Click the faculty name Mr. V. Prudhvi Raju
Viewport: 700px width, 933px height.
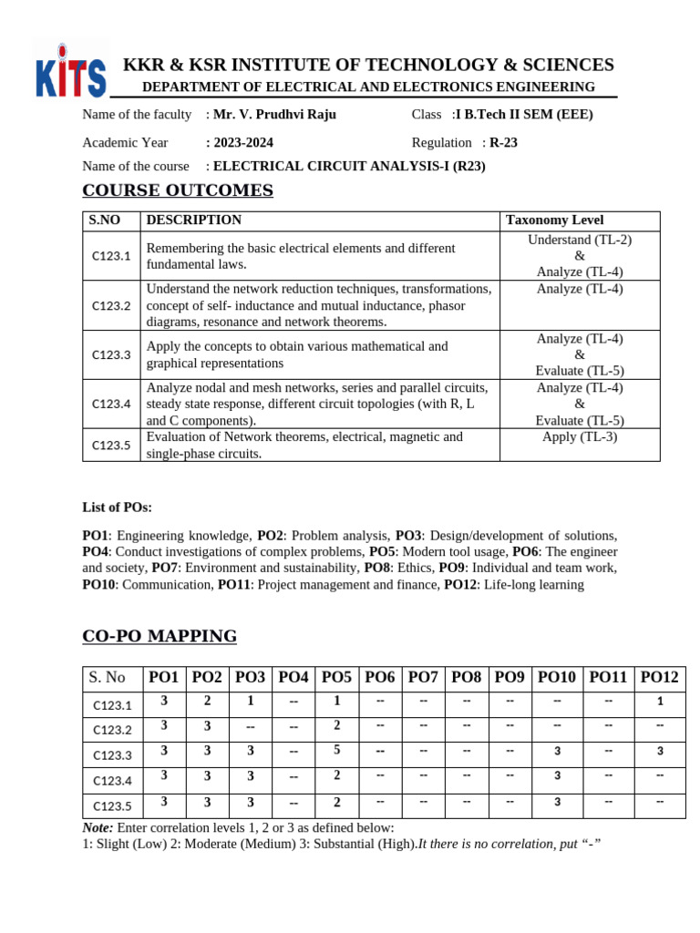tap(274, 115)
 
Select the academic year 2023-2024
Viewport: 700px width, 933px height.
tap(242, 143)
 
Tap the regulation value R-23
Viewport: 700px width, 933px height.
tap(503, 143)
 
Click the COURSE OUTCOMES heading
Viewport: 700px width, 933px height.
tap(178, 190)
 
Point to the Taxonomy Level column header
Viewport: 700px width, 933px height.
tap(554, 220)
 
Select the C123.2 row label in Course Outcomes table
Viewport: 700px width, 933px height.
tap(111, 306)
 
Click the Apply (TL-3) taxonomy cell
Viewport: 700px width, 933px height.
tap(580, 436)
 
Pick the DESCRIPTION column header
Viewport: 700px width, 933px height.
tap(194, 220)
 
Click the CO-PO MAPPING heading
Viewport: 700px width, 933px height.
tap(160, 636)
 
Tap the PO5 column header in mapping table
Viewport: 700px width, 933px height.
tap(336, 678)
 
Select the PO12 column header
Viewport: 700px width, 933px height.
tap(660, 678)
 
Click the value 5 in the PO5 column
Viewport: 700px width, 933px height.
tap(336, 751)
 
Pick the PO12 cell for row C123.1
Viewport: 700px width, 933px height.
tap(660, 702)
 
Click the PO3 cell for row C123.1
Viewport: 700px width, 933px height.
tap(250, 701)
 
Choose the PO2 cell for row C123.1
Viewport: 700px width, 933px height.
tap(207, 701)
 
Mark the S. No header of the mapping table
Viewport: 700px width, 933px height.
tap(108, 678)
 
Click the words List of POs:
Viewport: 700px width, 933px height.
tap(118, 508)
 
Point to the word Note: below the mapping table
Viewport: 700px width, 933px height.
tap(98, 827)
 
